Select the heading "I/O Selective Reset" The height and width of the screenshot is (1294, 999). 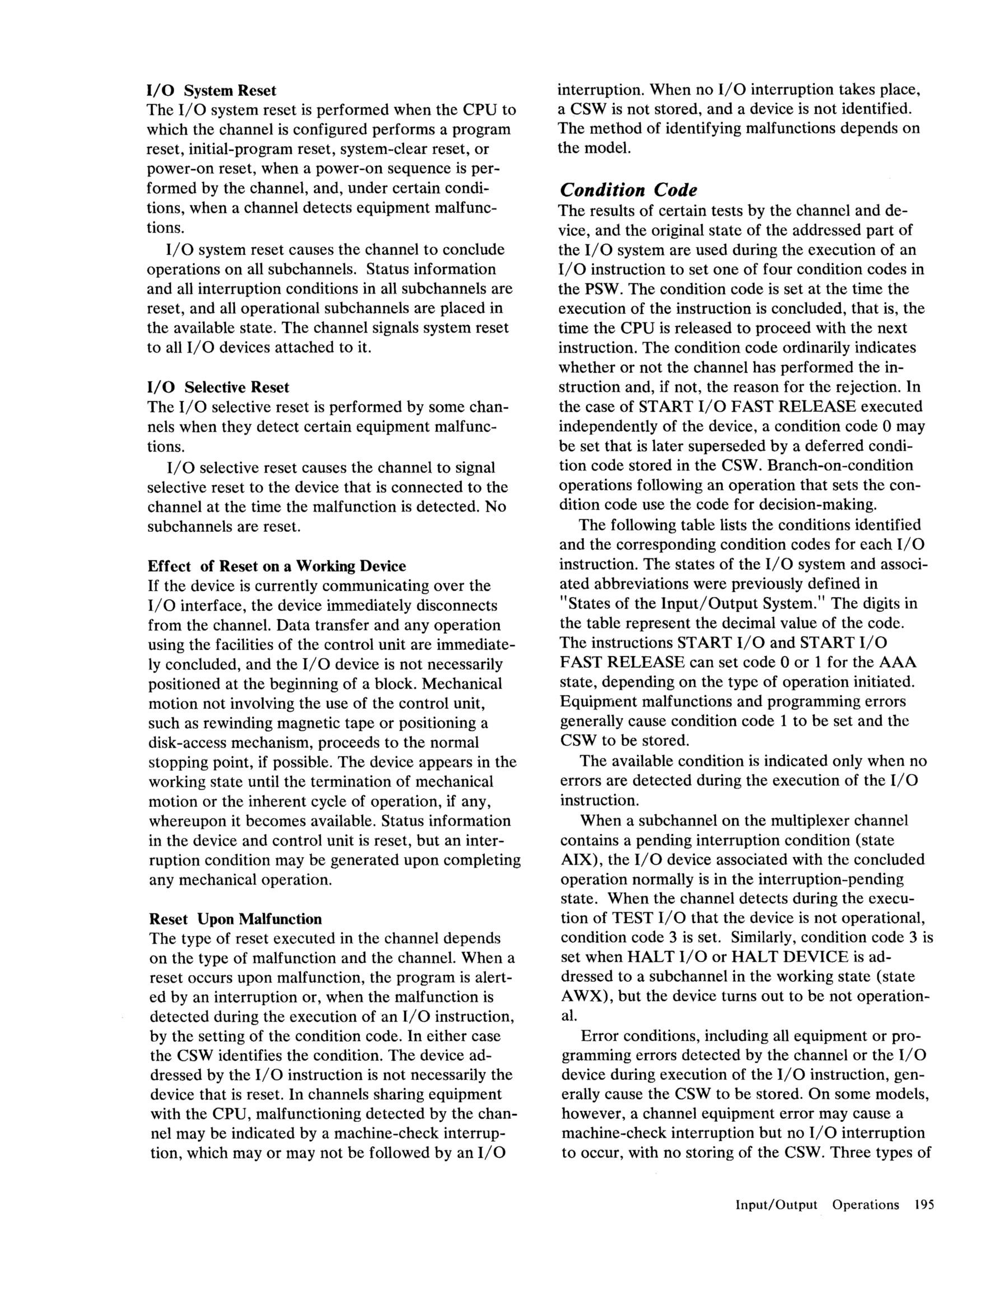coord(218,387)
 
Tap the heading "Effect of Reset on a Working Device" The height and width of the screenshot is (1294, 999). coord(277,566)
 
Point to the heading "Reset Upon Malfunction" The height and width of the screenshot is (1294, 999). coord(235,919)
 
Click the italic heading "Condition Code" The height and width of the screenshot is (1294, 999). coord(628,190)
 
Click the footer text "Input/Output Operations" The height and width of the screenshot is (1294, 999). coord(816,1204)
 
